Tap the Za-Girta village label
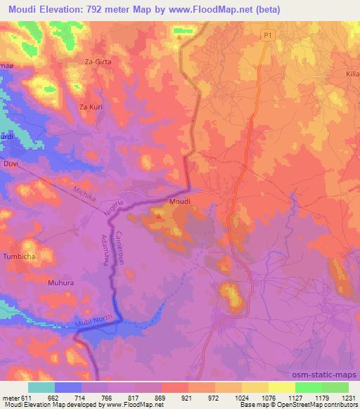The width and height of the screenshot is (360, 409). coord(98,62)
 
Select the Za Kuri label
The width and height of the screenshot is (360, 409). coord(91,107)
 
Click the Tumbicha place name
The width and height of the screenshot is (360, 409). coord(20,256)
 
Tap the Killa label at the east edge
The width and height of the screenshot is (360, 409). coord(353,72)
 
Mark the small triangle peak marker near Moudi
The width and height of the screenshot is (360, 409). coord(158,216)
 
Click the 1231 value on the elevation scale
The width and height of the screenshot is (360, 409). coord(349,398)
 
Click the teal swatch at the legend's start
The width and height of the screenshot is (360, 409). coord(41,387)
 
